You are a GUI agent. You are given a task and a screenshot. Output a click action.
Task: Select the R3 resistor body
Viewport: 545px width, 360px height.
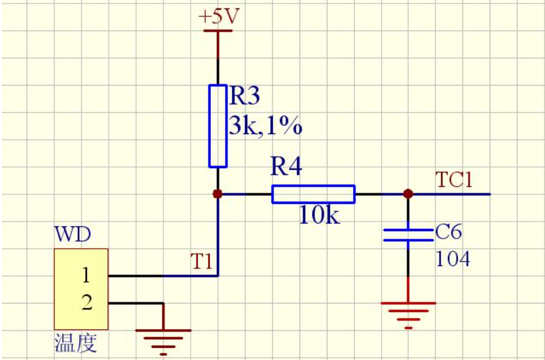pyautogui.click(x=218, y=126)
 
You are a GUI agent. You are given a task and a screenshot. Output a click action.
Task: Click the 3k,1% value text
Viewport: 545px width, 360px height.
pyautogui.click(x=265, y=126)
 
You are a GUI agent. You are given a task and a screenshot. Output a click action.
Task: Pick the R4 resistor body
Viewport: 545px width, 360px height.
pyautogui.click(x=313, y=194)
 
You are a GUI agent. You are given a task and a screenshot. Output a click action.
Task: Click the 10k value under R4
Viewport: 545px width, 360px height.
pyautogui.click(x=320, y=216)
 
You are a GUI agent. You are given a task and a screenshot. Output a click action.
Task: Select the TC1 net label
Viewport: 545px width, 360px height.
pyautogui.click(x=454, y=180)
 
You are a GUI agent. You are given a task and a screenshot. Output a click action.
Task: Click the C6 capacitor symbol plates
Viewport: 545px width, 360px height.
pyautogui.click(x=408, y=235)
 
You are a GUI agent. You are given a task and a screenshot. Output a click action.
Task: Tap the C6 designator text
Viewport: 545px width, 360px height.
pyautogui.click(x=449, y=233)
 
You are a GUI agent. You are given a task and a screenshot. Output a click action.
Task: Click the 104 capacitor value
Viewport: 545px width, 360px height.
pyautogui.click(x=453, y=260)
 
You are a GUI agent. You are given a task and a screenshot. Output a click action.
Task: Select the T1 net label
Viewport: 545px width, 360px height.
pyautogui.click(x=202, y=262)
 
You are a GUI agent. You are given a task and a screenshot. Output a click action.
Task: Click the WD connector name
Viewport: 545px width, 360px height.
pyautogui.click(x=72, y=234)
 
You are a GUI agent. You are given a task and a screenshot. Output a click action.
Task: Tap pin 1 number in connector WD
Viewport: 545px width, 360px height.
pyautogui.click(x=86, y=276)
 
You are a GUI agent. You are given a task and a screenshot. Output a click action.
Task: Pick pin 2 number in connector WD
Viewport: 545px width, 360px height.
pyautogui.click(x=87, y=303)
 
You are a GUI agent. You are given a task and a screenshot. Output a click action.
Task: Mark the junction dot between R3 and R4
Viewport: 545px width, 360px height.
pyautogui.click(x=218, y=194)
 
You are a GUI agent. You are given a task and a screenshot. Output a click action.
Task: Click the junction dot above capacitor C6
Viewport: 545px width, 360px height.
pyautogui.click(x=408, y=194)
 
